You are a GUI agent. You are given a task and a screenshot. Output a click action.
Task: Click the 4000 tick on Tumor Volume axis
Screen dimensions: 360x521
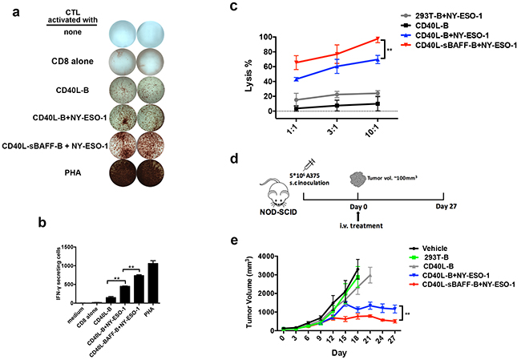tap(267, 257)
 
